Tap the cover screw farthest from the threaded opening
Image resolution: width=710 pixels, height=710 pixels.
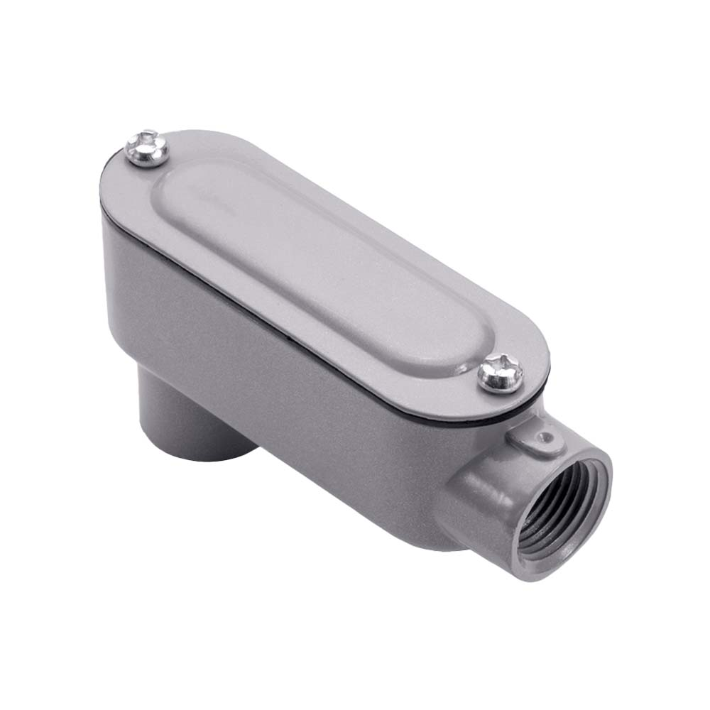pos(146,148)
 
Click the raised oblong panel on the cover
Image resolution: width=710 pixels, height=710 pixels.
pos(319,256)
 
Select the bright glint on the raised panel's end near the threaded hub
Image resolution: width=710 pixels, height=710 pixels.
pos(461,359)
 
